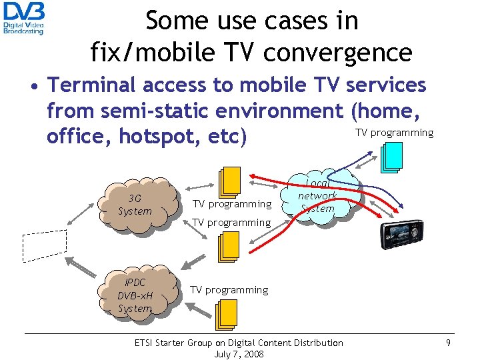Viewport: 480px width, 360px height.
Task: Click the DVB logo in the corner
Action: tap(24, 18)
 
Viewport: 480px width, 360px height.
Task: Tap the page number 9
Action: tap(449, 343)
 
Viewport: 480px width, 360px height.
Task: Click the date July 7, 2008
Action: tap(239, 354)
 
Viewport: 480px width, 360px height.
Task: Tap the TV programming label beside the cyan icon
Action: tap(394, 133)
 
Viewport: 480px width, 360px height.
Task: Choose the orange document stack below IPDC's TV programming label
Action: tap(227, 314)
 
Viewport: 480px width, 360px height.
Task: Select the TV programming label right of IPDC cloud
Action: tap(229, 290)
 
